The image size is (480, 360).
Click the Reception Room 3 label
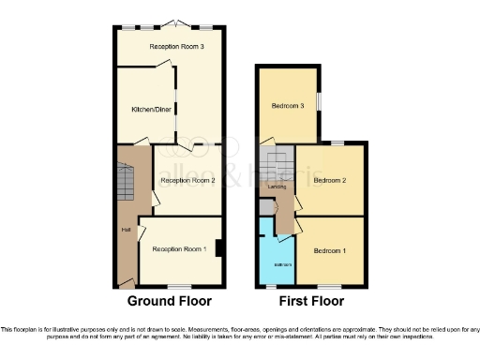[170, 46]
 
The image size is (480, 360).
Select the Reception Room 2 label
[187, 180]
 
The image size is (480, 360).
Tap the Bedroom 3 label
[289, 106]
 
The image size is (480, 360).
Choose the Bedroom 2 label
[331, 179]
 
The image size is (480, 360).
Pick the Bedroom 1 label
[331, 251]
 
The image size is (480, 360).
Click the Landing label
[277, 187]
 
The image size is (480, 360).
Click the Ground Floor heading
[170, 302]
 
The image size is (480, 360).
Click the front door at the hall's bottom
[125, 283]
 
